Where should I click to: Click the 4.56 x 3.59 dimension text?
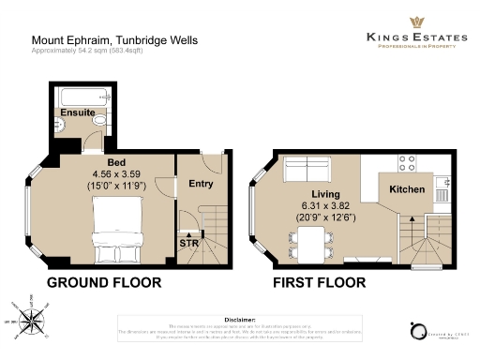[115, 173]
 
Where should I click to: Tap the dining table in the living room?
[312, 242]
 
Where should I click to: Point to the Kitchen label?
[407, 189]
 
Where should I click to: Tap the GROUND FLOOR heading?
[103, 282]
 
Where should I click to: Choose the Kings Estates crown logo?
[413, 21]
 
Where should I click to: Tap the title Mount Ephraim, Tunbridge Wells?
[114, 40]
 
